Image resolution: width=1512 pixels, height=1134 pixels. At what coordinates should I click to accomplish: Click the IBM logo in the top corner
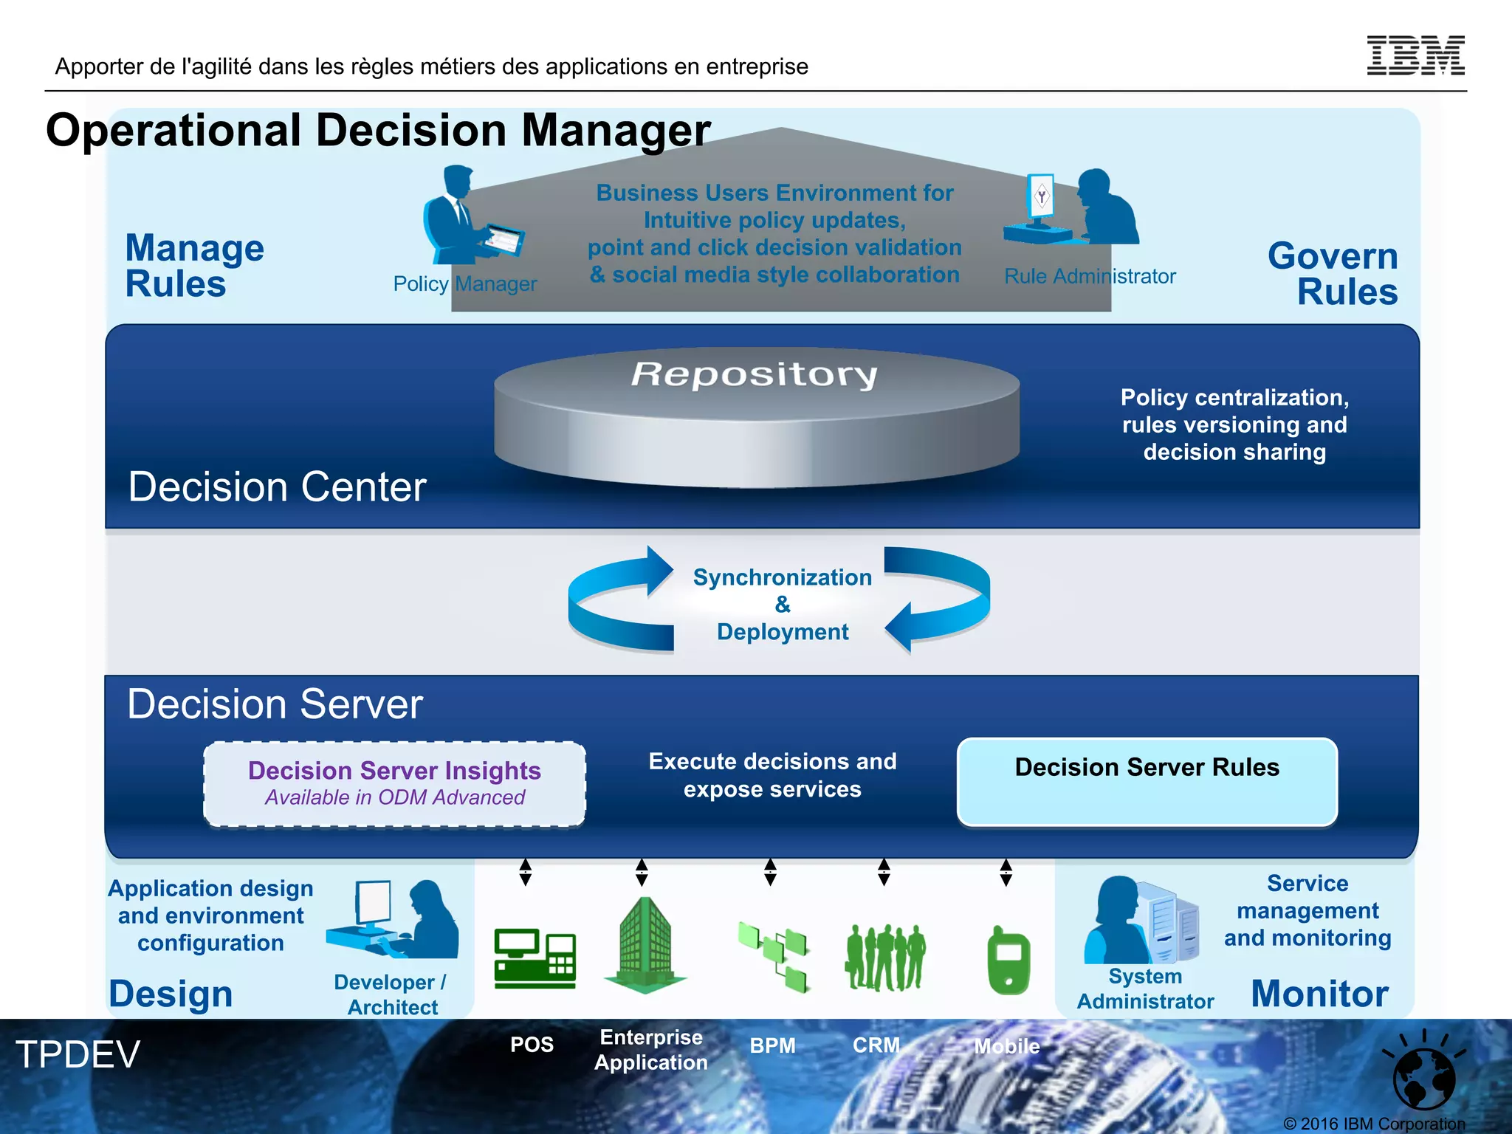point(1415,55)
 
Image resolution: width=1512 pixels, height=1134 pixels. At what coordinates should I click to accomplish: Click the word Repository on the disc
point(755,374)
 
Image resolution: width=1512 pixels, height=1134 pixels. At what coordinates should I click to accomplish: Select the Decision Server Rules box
point(1147,781)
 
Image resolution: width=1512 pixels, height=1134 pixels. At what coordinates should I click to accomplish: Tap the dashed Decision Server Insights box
point(394,784)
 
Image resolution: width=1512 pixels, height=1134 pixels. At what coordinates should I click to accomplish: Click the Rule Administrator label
point(1090,276)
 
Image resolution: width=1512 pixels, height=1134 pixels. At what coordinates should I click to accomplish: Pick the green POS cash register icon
point(535,958)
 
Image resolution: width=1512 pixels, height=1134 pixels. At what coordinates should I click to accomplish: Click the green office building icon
point(645,945)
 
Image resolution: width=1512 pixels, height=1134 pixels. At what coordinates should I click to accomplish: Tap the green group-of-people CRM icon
point(884,958)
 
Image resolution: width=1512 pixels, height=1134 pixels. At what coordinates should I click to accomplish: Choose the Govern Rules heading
point(1333,273)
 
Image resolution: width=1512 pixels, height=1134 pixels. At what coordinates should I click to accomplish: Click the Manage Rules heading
point(194,266)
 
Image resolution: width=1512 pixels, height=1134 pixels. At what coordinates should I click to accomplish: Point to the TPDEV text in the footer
point(78,1054)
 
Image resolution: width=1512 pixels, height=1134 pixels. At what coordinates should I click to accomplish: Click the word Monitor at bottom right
point(1319,993)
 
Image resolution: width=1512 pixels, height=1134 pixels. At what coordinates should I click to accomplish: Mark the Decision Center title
point(277,487)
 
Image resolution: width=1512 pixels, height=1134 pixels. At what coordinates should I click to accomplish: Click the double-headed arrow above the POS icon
point(525,872)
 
